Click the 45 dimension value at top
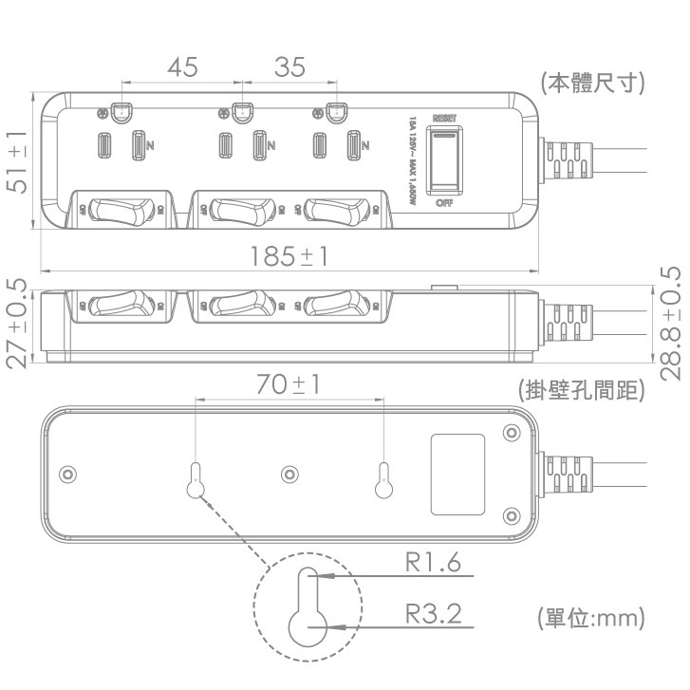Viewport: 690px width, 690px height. point(182,68)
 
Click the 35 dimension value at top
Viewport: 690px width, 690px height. point(290,68)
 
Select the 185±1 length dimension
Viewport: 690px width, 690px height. point(289,256)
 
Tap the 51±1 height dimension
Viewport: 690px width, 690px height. point(16,162)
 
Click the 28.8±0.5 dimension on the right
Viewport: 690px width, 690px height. point(670,323)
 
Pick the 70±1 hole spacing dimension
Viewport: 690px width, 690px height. point(289,384)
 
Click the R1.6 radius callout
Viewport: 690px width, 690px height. point(433,563)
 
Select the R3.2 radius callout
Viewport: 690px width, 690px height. point(433,614)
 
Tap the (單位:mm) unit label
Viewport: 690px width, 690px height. point(591,619)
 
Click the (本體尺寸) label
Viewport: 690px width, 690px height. point(593,84)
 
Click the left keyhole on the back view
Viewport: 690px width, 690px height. point(196,481)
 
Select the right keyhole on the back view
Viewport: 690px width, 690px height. point(384,481)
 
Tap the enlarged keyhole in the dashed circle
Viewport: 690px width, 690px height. point(308,607)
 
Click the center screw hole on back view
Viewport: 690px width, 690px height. point(289,474)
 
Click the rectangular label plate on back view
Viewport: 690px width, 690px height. point(458,475)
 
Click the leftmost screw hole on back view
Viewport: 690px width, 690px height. point(66,474)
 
